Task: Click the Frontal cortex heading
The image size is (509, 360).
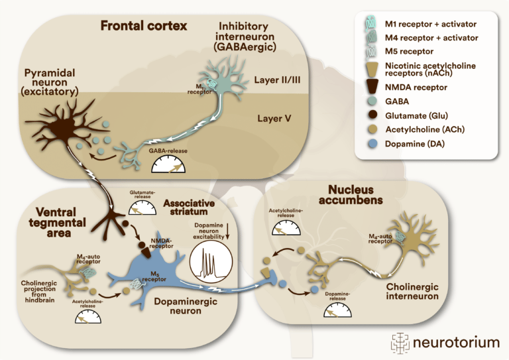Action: [143, 26]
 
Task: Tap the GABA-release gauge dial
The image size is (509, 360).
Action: [168, 164]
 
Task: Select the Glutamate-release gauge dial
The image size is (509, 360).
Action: [142, 208]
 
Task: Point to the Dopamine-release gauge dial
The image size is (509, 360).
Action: [337, 310]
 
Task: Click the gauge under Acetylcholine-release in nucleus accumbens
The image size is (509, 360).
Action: [286, 227]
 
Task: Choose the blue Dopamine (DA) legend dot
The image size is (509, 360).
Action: [373, 144]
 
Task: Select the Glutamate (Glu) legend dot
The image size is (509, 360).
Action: [373, 115]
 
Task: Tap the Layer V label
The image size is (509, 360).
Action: [274, 119]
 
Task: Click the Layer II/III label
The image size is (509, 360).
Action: [277, 80]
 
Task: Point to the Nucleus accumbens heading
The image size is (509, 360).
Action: [351, 195]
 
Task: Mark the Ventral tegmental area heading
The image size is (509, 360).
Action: [58, 223]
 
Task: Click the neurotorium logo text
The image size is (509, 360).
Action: [456, 343]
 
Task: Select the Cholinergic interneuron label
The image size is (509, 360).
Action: [412, 291]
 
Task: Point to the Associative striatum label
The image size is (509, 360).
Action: [189, 208]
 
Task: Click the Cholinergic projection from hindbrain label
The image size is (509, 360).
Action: [38, 292]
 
